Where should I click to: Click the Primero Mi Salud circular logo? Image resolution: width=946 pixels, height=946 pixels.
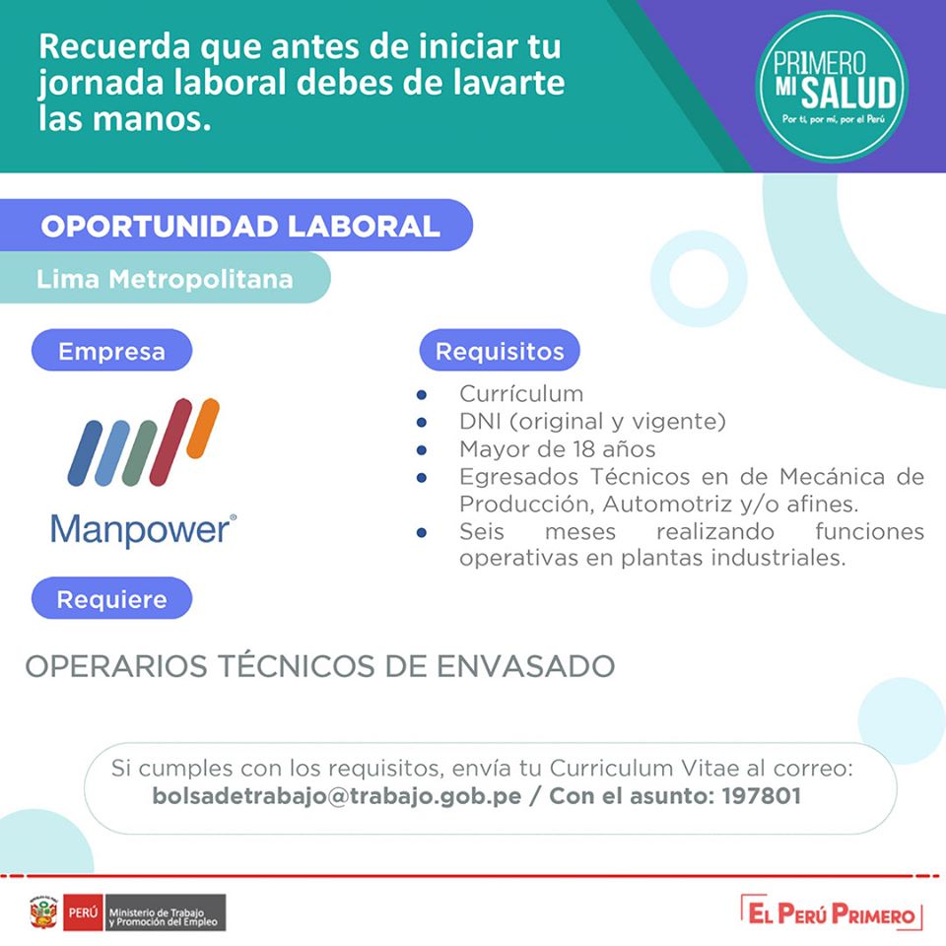[832, 87]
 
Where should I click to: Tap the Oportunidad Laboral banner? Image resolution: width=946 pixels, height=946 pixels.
[236, 225]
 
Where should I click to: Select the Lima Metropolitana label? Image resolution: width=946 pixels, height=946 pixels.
[165, 278]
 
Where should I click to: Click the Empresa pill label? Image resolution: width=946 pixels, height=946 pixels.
[111, 351]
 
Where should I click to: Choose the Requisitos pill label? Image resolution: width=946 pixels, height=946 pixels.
[500, 351]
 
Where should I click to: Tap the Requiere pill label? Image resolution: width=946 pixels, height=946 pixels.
[111, 598]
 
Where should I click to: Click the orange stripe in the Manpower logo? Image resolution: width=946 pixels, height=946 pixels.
[203, 428]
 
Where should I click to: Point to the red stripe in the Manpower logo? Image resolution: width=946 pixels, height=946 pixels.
[170, 441]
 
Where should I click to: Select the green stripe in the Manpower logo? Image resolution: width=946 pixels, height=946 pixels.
[139, 453]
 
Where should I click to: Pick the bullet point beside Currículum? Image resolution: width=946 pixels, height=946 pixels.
[422, 395]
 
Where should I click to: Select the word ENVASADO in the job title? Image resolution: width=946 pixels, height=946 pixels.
[525, 666]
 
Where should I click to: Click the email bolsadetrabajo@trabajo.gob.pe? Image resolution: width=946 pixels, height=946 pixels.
[337, 796]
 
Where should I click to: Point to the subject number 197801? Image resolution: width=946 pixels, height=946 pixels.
[762, 796]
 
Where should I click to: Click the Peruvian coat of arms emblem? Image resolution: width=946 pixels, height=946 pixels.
[43, 912]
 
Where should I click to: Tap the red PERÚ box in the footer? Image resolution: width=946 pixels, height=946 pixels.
[83, 912]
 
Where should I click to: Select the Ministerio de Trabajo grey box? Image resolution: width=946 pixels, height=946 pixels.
[166, 912]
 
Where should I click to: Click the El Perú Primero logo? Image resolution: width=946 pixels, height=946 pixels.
[832, 913]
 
